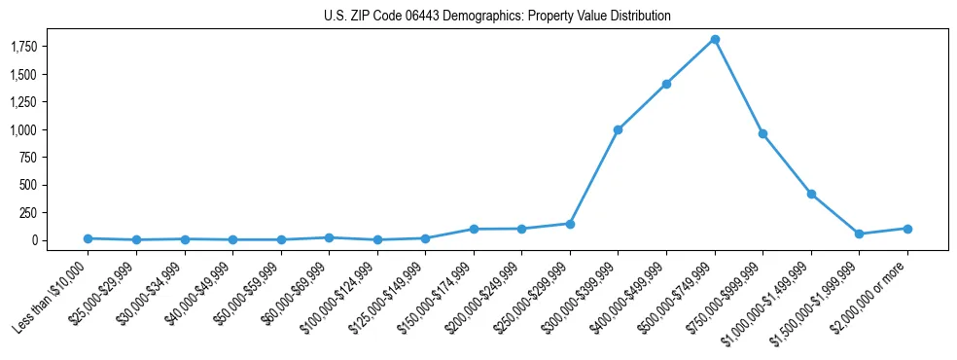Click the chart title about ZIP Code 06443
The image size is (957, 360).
click(497, 17)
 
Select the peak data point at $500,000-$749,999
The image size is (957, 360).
click(715, 39)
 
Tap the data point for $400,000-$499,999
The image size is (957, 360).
click(666, 84)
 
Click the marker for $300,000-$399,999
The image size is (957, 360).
click(618, 129)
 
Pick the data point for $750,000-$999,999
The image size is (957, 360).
click(762, 133)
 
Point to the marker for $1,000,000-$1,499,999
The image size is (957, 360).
click(811, 194)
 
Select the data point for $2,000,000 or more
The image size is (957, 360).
click(907, 229)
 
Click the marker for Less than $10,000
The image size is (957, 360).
click(88, 238)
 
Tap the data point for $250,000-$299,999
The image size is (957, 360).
click(570, 224)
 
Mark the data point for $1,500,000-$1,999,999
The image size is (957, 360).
click(859, 234)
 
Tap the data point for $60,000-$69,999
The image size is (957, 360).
click(329, 237)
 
